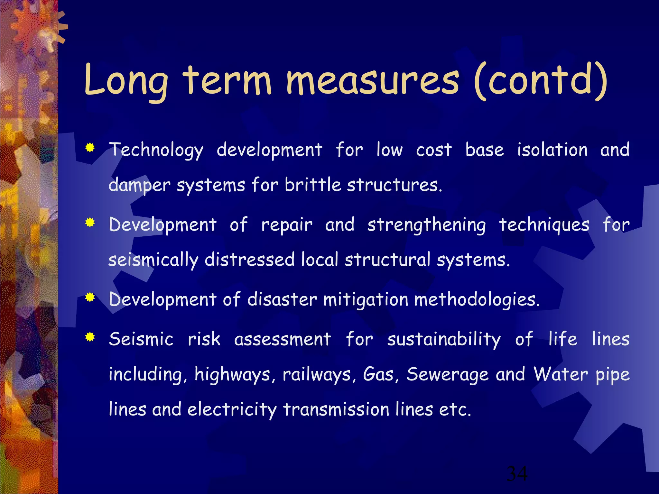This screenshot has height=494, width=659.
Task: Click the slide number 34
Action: pyautogui.click(x=517, y=474)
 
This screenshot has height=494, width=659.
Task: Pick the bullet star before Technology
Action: pyautogui.click(x=90, y=148)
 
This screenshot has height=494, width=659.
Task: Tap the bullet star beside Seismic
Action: pyautogui.click(x=90, y=337)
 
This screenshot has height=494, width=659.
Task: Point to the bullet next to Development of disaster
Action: pyautogui.click(x=90, y=298)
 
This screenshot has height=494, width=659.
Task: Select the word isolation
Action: pyautogui.click(x=552, y=150)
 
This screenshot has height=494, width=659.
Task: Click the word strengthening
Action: pyautogui.click(x=427, y=225)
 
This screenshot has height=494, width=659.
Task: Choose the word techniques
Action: pyautogui.click(x=544, y=225)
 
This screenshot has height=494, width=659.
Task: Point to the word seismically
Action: pyautogui.click(x=153, y=261)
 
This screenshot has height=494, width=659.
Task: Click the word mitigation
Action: pyautogui.click(x=366, y=300)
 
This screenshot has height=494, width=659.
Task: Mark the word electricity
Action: pyautogui.click(x=232, y=410)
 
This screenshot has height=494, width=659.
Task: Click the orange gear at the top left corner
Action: pyautogui.click(x=35, y=27)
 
